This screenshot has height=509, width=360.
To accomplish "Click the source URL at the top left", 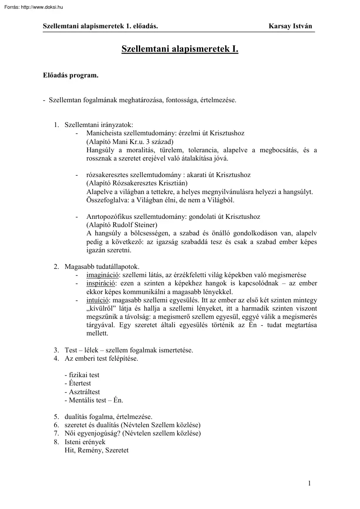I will pos(32,7).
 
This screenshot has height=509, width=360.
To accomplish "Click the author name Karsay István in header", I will pos(290,26).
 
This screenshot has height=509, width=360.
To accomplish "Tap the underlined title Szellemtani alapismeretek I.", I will pos(180,50).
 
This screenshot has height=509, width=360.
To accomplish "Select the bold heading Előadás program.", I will pos(71,75).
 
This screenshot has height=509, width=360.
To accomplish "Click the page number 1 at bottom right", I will pos(309,482).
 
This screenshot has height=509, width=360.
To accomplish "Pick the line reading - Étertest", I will pos(77,383).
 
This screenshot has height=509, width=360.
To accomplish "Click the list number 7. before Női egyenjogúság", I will pos(57,433).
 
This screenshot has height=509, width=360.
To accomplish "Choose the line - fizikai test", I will pos(82,375).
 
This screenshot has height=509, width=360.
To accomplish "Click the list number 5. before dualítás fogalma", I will pos(57,417).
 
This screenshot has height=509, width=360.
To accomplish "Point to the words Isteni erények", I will pos(85,442).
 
